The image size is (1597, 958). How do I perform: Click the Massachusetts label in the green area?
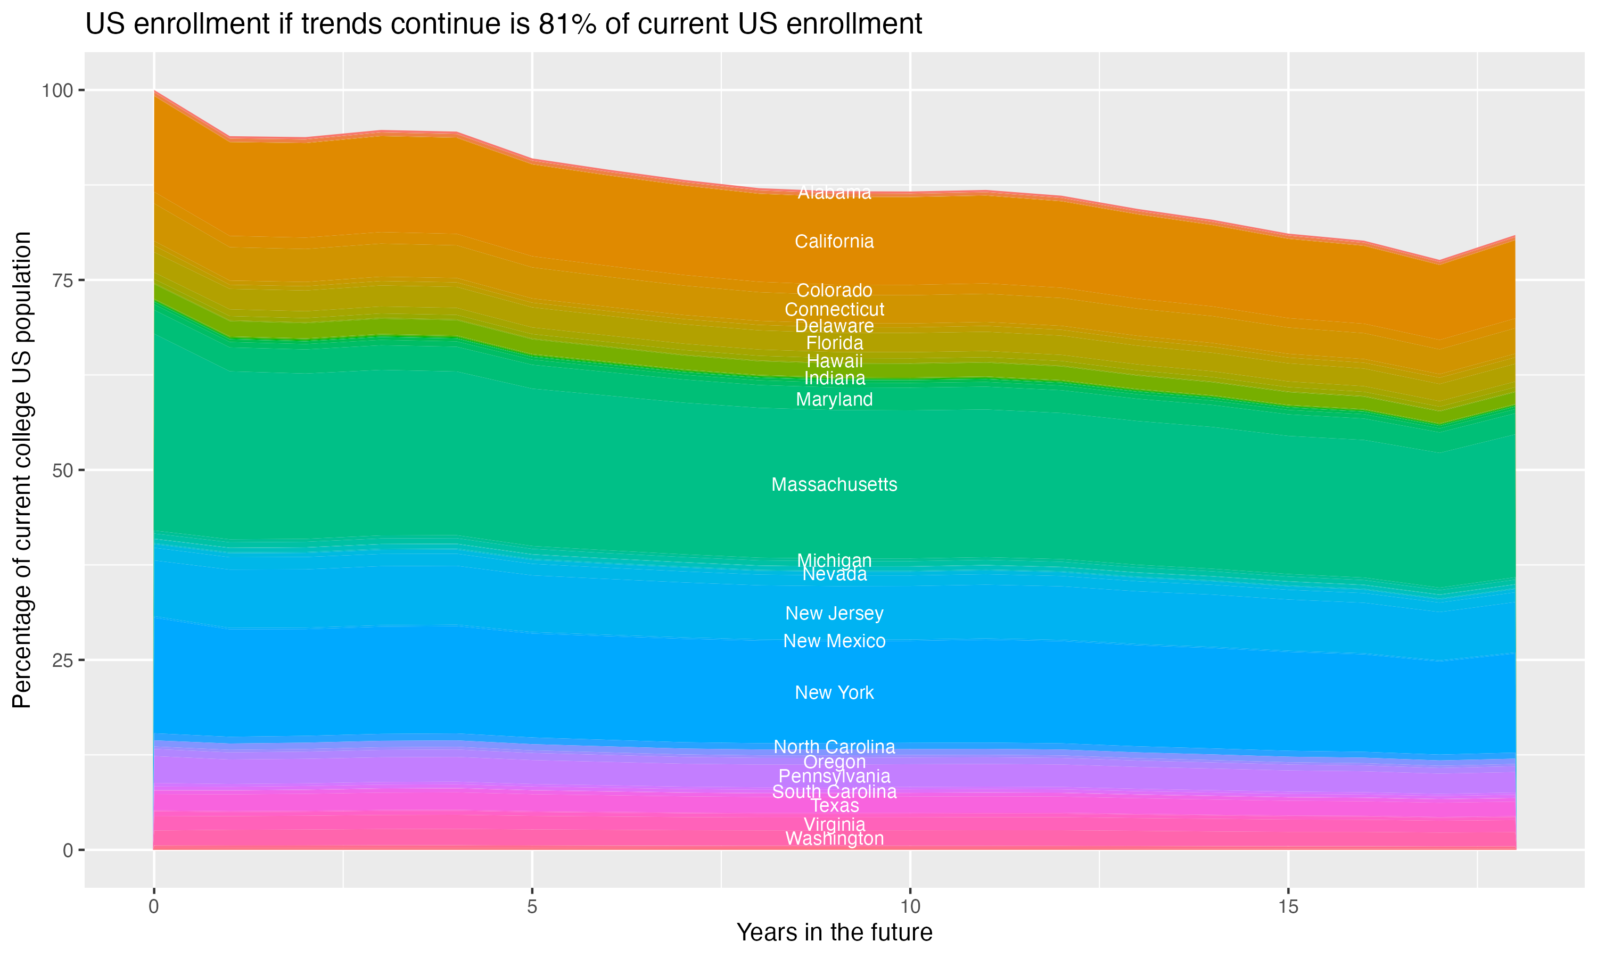click(x=834, y=485)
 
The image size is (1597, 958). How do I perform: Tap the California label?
click(x=834, y=242)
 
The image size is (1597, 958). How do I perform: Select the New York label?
click(x=834, y=692)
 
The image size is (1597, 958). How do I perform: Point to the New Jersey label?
click(x=834, y=613)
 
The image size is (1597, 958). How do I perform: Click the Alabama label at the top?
click(x=834, y=192)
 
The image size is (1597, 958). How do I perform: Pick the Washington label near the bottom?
click(x=834, y=839)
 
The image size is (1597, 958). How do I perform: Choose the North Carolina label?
click(x=834, y=747)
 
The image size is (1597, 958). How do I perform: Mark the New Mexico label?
click(x=834, y=641)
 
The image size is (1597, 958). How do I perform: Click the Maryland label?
click(x=834, y=400)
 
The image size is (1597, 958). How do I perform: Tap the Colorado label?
click(x=834, y=291)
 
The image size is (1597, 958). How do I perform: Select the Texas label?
click(x=834, y=806)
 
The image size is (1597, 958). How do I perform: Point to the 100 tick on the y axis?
click(x=57, y=90)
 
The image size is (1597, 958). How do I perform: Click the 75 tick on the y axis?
click(x=62, y=280)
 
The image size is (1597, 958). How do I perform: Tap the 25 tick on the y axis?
click(x=62, y=660)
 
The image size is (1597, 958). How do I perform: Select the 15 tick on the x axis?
click(x=1288, y=907)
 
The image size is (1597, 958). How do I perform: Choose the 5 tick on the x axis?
click(x=532, y=907)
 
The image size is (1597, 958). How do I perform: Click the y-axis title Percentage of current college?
click(x=22, y=469)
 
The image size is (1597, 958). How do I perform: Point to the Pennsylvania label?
click(x=834, y=776)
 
